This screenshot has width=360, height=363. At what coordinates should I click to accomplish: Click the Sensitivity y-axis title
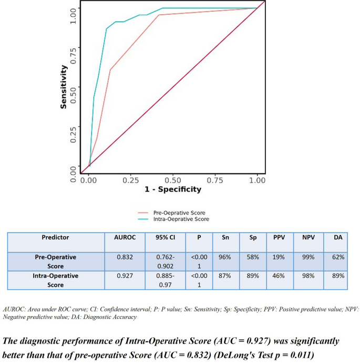tap(64, 87)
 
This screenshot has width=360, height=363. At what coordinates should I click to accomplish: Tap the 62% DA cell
tap(337, 257)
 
